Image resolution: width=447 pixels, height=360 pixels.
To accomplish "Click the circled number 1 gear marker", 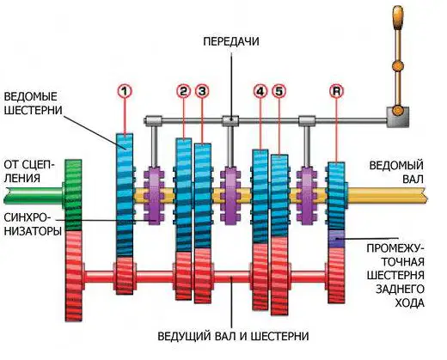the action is [125, 91].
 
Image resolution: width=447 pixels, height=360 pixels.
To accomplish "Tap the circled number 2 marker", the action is [183, 91].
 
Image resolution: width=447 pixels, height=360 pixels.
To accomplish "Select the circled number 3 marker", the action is [202, 91].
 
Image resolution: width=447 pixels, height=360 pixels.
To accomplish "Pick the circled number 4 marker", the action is [260, 91].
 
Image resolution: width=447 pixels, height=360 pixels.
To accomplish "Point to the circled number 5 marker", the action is [279, 91].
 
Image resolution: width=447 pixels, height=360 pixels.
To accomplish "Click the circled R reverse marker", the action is [336, 91].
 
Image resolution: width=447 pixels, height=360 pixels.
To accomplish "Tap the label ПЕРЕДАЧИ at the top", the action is [231, 41].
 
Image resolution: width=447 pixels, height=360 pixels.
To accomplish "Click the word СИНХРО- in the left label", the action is [25, 217].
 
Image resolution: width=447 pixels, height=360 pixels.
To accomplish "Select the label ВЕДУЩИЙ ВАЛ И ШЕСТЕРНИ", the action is [233, 336].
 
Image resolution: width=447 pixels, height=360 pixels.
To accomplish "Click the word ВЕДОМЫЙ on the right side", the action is [396, 165].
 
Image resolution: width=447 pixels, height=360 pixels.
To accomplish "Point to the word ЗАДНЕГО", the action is [400, 289].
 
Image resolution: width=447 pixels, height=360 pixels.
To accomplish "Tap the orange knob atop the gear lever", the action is [398, 18].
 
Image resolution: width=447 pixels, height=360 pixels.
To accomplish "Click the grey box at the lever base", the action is [398, 117].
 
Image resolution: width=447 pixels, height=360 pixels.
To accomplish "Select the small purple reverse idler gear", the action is [336, 239].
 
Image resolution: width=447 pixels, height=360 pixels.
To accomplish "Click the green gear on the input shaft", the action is [73, 195].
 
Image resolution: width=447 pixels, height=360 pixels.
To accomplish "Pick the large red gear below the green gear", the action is [74, 276].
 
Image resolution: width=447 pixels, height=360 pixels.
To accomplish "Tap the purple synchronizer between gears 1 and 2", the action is [154, 196].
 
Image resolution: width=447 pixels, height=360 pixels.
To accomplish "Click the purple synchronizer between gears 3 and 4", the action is [230, 196].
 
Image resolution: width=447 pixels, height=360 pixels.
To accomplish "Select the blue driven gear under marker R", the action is [336, 196].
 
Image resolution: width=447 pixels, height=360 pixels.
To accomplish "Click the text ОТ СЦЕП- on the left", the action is [29, 165].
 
